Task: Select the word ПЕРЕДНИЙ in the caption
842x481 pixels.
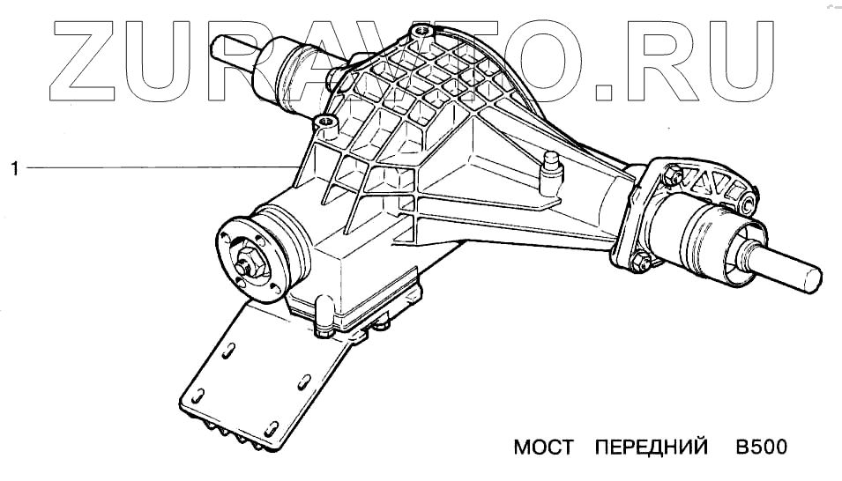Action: coord(652,448)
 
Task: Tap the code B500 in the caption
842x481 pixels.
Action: coord(761,448)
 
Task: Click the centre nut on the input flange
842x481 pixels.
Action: coord(246,263)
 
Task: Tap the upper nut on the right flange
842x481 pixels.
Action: coord(673,174)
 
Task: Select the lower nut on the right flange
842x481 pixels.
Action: coord(642,261)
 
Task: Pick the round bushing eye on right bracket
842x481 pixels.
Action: coord(746,205)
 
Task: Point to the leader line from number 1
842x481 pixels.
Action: coord(159,166)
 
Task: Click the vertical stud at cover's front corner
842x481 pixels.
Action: coord(323,321)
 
